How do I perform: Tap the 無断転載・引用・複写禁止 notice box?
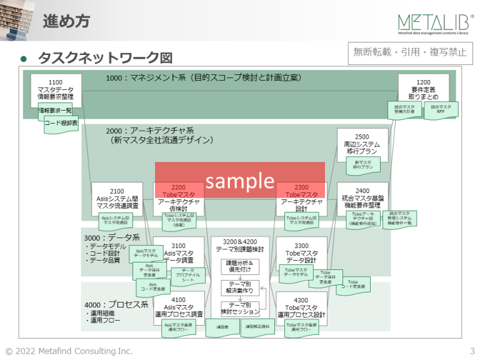[x=410, y=52]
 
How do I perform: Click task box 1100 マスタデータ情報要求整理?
[x=55, y=90]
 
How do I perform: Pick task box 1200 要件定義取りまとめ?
[x=423, y=89]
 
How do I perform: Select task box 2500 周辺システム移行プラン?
[x=362, y=143]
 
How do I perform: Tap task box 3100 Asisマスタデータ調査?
[x=178, y=253]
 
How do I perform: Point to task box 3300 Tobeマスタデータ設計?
[x=301, y=252]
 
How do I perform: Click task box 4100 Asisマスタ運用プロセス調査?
[x=178, y=307]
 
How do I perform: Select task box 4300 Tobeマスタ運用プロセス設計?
[x=301, y=307]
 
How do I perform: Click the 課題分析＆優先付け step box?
[x=240, y=267]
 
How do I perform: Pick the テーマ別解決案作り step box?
[x=240, y=287]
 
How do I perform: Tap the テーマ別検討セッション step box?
[x=240, y=307]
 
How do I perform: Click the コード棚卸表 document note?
[x=61, y=124]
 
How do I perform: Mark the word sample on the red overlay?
[x=240, y=181]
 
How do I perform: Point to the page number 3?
[x=472, y=351]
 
